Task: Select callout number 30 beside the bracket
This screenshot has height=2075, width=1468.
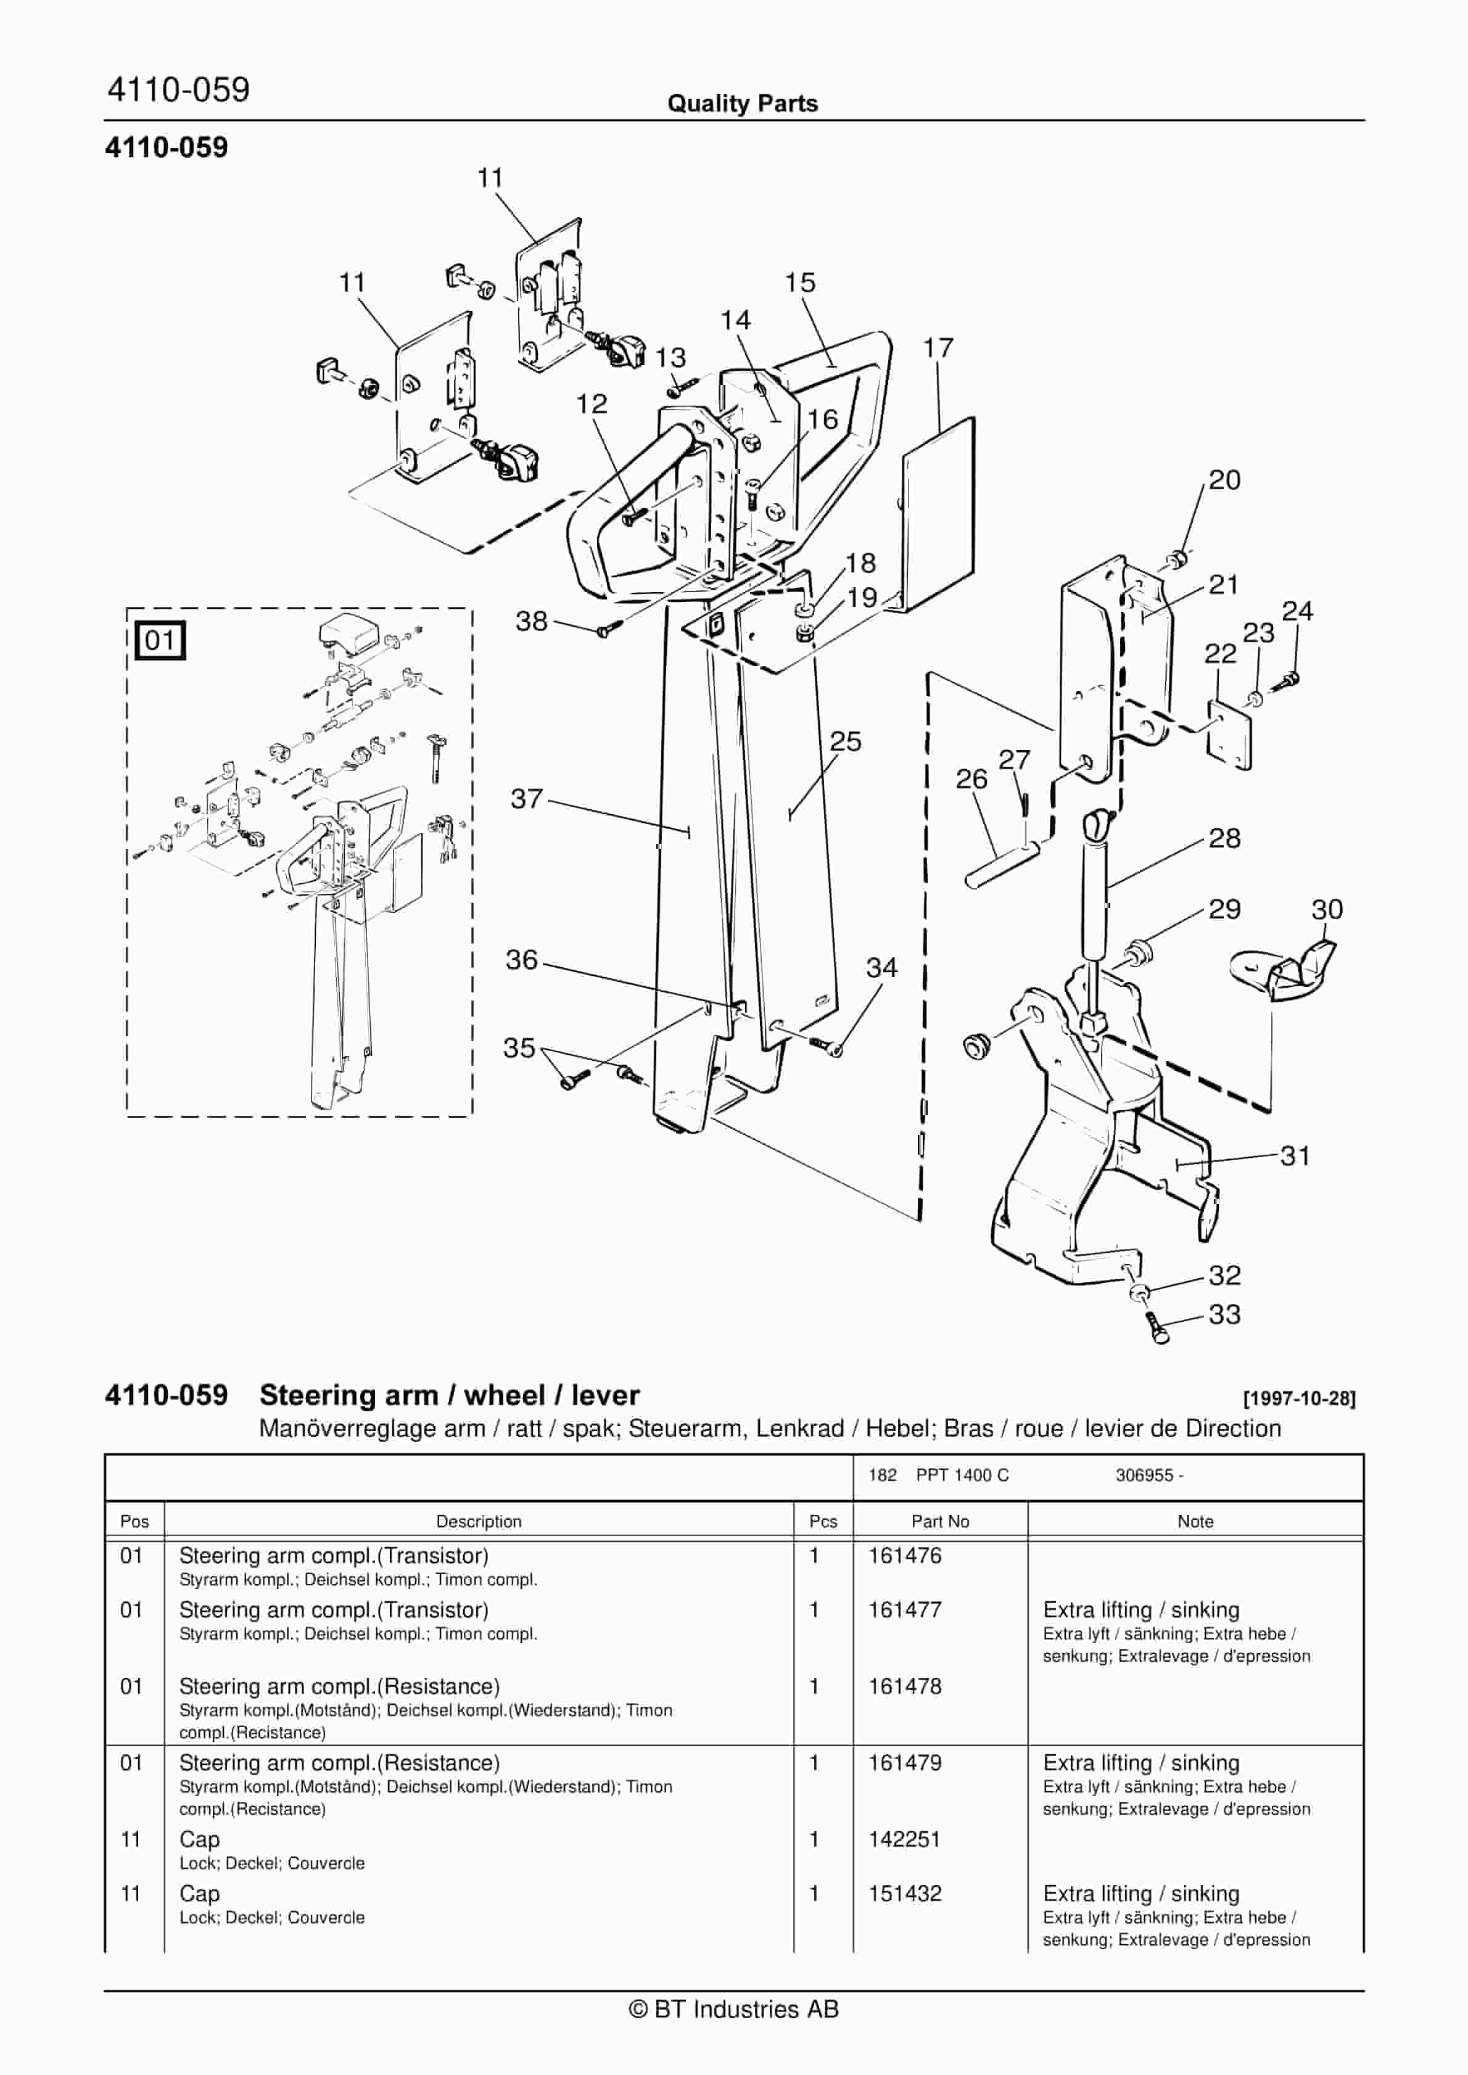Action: [1326, 909]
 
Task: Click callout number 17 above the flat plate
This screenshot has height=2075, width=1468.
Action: [938, 348]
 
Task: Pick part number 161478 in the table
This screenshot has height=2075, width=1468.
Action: [904, 1686]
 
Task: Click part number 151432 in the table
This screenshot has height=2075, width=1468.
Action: [904, 1894]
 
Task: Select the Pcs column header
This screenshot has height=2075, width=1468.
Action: [823, 1522]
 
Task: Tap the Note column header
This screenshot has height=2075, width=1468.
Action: [1195, 1522]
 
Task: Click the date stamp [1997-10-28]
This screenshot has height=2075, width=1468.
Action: [1299, 1399]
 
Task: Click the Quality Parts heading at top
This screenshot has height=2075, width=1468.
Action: [742, 103]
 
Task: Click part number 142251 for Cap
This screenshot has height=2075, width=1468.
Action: [904, 1839]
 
